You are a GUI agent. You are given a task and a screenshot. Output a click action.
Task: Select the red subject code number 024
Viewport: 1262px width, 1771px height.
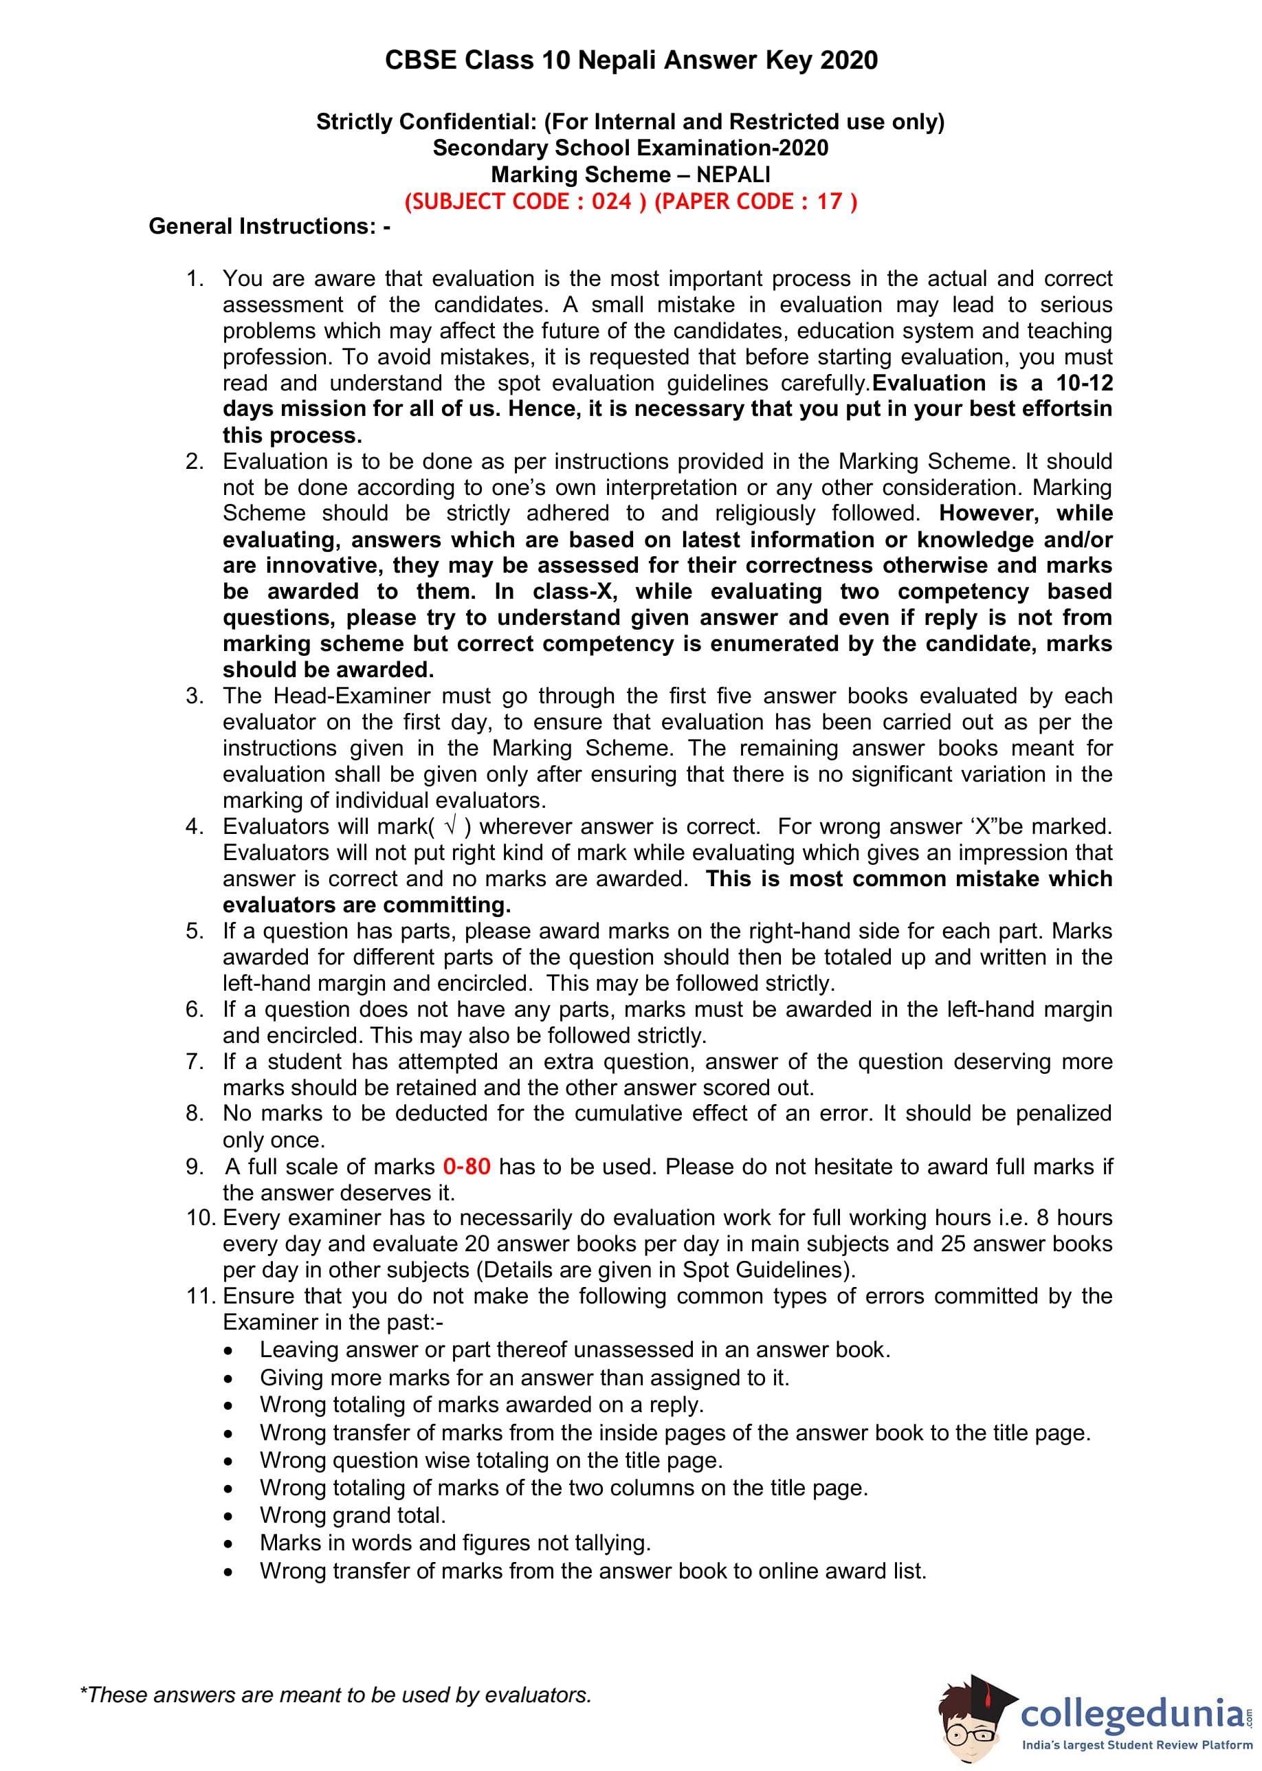pos(612,201)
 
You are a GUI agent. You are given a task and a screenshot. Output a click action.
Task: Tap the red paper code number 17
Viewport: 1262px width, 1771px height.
pos(829,201)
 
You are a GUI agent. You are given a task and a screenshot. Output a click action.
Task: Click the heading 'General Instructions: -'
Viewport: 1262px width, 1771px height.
pos(269,226)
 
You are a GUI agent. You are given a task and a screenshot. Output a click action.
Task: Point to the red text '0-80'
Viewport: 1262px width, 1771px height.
pos(466,1167)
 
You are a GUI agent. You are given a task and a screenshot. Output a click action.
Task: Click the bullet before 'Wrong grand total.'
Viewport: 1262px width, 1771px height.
pos(228,1516)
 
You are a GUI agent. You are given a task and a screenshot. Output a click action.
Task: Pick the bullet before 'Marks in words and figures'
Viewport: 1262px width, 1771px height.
pos(228,1543)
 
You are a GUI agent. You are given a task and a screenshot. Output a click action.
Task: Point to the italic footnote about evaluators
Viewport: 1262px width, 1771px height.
pos(335,1694)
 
